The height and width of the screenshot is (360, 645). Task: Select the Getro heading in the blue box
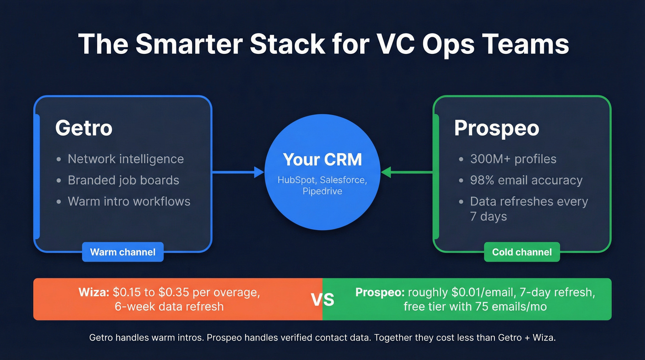tap(83, 128)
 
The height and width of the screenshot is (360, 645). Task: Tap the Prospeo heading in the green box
tap(496, 128)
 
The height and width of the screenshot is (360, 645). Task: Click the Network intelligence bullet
tap(125, 159)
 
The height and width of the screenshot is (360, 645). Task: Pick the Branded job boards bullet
tap(123, 180)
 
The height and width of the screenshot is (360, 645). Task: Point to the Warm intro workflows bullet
tap(129, 201)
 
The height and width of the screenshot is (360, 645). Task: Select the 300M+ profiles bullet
tap(513, 159)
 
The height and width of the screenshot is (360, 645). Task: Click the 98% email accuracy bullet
tap(526, 180)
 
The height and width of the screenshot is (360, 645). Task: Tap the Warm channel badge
tap(123, 252)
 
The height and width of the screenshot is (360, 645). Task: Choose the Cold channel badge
tap(522, 252)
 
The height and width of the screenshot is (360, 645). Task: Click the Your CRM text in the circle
tap(322, 159)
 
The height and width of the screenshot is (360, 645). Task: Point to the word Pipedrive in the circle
tap(322, 191)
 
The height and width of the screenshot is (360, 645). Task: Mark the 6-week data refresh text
tap(169, 307)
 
